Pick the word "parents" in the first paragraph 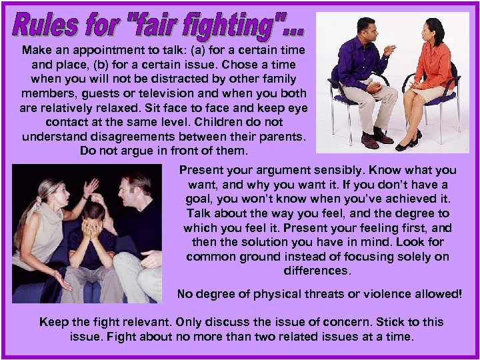pyautogui.click(x=278, y=137)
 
